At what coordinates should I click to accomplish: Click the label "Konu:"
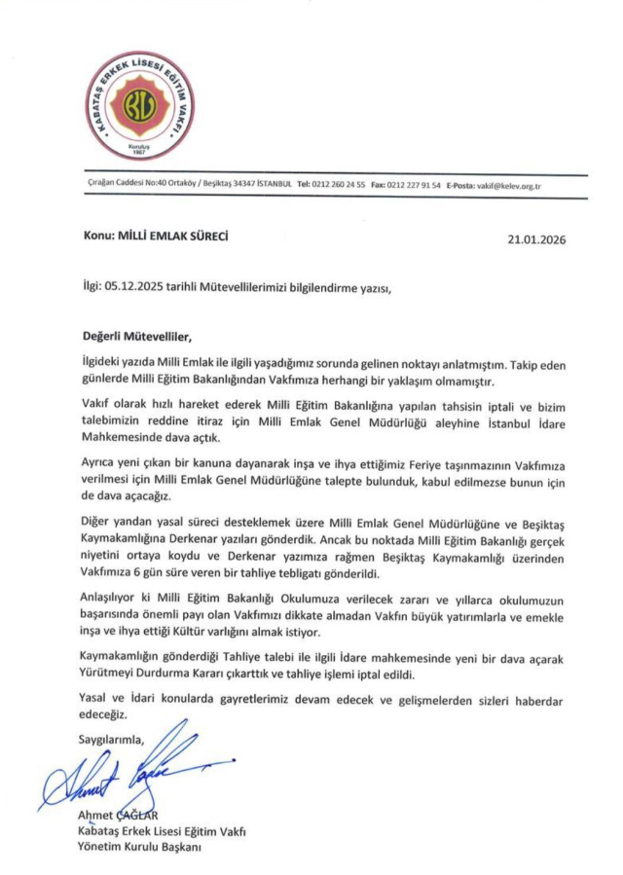point(98,236)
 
